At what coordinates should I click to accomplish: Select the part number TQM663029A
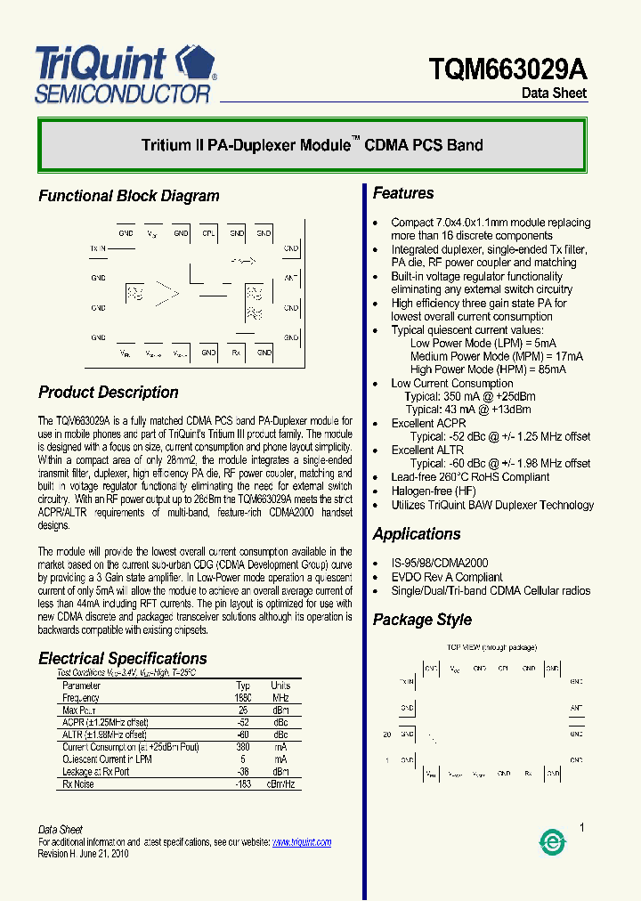[x=507, y=69]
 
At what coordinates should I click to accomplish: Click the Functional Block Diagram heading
[x=128, y=196]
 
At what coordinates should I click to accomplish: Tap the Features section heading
[x=403, y=193]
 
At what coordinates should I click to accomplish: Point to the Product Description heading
[x=108, y=393]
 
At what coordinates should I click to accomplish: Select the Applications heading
[x=417, y=534]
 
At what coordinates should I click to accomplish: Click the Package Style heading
[x=422, y=620]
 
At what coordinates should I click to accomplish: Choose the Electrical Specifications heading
[x=122, y=659]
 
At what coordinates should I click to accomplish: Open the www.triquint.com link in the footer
[x=301, y=842]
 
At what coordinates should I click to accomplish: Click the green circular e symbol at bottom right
[x=552, y=842]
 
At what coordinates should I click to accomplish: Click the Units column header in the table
[x=280, y=686]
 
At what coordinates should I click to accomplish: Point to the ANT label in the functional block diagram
[x=291, y=279]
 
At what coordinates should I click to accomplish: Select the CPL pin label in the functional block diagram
[x=208, y=233]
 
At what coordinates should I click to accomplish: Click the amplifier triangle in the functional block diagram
[x=167, y=291]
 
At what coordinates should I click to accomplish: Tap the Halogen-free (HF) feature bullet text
[x=434, y=491]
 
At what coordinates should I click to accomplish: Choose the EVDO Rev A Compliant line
[x=447, y=577]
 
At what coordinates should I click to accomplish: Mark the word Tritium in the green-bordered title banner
[x=166, y=145]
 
